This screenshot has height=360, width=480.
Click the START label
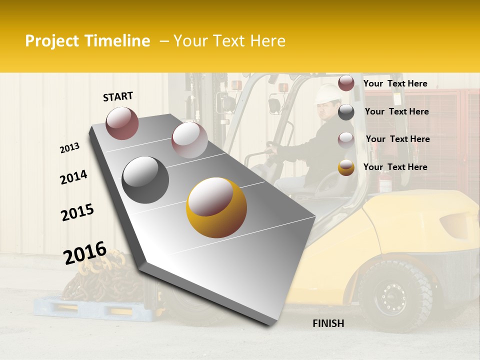118,96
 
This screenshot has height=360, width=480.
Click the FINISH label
328,323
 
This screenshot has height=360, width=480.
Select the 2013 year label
70,148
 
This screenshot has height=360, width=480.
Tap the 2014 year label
73,177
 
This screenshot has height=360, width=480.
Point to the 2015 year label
77,212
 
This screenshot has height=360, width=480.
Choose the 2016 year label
85,253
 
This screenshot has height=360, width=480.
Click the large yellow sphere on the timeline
216,207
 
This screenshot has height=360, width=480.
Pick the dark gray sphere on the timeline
145,180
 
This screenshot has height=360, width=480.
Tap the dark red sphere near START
122,123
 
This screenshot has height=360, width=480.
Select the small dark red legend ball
346,83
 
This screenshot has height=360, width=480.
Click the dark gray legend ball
346,112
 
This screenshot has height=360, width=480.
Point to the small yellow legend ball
346,167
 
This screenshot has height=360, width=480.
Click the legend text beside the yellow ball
395,167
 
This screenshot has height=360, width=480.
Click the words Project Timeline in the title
87,41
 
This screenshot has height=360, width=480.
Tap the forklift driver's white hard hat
327,93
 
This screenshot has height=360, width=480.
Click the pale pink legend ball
346,139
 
